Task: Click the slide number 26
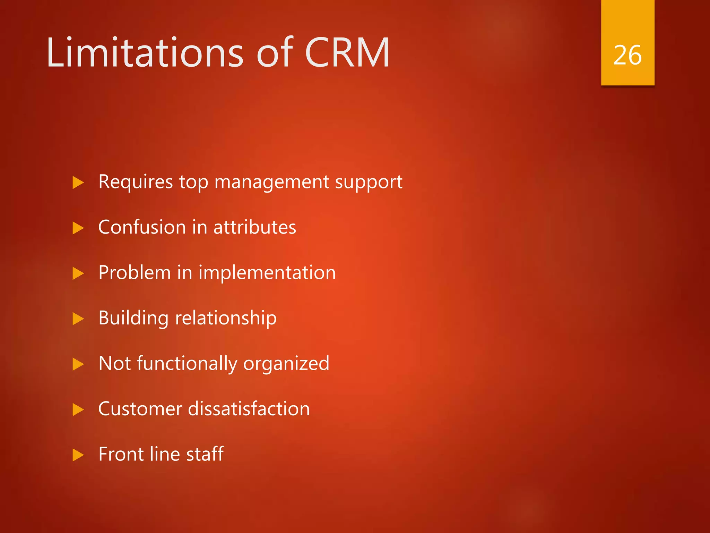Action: (x=627, y=56)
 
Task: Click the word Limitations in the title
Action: (x=145, y=53)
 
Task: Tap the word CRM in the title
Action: (x=347, y=53)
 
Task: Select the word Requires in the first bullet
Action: (x=136, y=182)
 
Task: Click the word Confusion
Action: (x=142, y=227)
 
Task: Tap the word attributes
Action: (x=255, y=227)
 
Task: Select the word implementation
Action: (x=267, y=273)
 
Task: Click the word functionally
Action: (x=187, y=364)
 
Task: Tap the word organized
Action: (x=286, y=364)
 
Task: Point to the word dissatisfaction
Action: (x=249, y=409)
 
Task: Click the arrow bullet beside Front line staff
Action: (x=78, y=455)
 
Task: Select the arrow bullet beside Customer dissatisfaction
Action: (x=78, y=409)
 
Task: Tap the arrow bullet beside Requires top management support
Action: (x=78, y=183)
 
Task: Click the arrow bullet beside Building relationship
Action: (x=78, y=319)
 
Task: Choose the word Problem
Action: (x=135, y=273)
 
